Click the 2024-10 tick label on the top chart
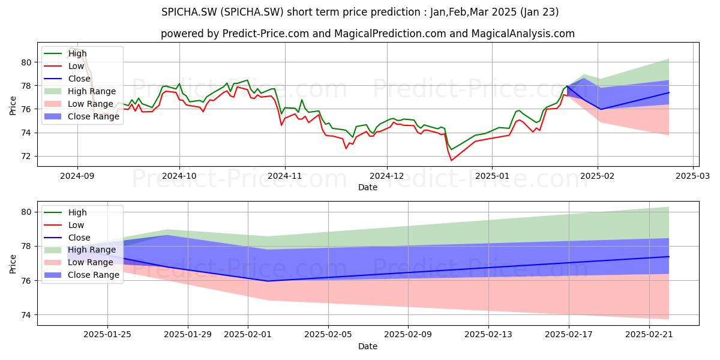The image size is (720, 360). (x=179, y=176)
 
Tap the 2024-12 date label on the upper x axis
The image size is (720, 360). (x=387, y=176)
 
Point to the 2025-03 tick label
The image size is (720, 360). (x=693, y=176)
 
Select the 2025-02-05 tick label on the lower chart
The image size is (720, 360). (x=328, y=335)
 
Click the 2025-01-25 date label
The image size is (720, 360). (x=107, y=335)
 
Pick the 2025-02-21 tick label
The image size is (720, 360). (x=649, y=335)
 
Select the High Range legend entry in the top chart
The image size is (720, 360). (x=80, y=91)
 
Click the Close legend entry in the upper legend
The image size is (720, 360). (x=67, y=79)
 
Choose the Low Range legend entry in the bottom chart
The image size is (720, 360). (x=79, y=262)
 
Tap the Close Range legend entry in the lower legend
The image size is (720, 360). (x=82, y=275)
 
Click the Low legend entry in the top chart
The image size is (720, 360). (x=64, y=66)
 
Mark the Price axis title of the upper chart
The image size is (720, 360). (x=13, y=106)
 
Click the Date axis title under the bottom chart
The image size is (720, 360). (x=368, y=346)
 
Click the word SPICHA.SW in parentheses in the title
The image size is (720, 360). (x=253, y=12)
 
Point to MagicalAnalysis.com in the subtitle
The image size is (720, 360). (x=523, y=34)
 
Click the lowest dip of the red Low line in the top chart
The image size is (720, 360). (x=451, y=160)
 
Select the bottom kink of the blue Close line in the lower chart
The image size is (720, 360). (x=268, y=281)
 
